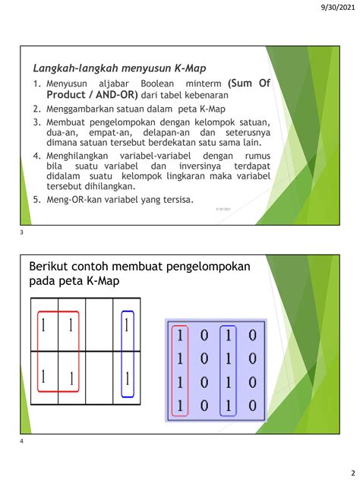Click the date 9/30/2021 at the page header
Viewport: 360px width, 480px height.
click(332, 8)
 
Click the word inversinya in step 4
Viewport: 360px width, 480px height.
click(198, 166)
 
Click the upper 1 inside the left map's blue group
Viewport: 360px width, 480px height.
click(126, 326)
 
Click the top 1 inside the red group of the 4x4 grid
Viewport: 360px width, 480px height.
click(180, 335)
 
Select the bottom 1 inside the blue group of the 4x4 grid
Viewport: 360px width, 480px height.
click(228, 406)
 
